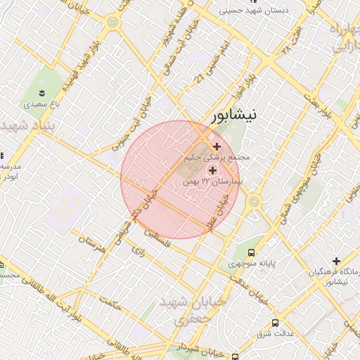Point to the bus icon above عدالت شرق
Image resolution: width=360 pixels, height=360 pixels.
tap(275, 323)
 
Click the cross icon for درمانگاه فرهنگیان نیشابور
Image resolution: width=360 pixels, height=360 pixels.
tap(337, 261)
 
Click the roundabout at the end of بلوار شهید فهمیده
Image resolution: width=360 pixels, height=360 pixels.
tap(112, 22)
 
